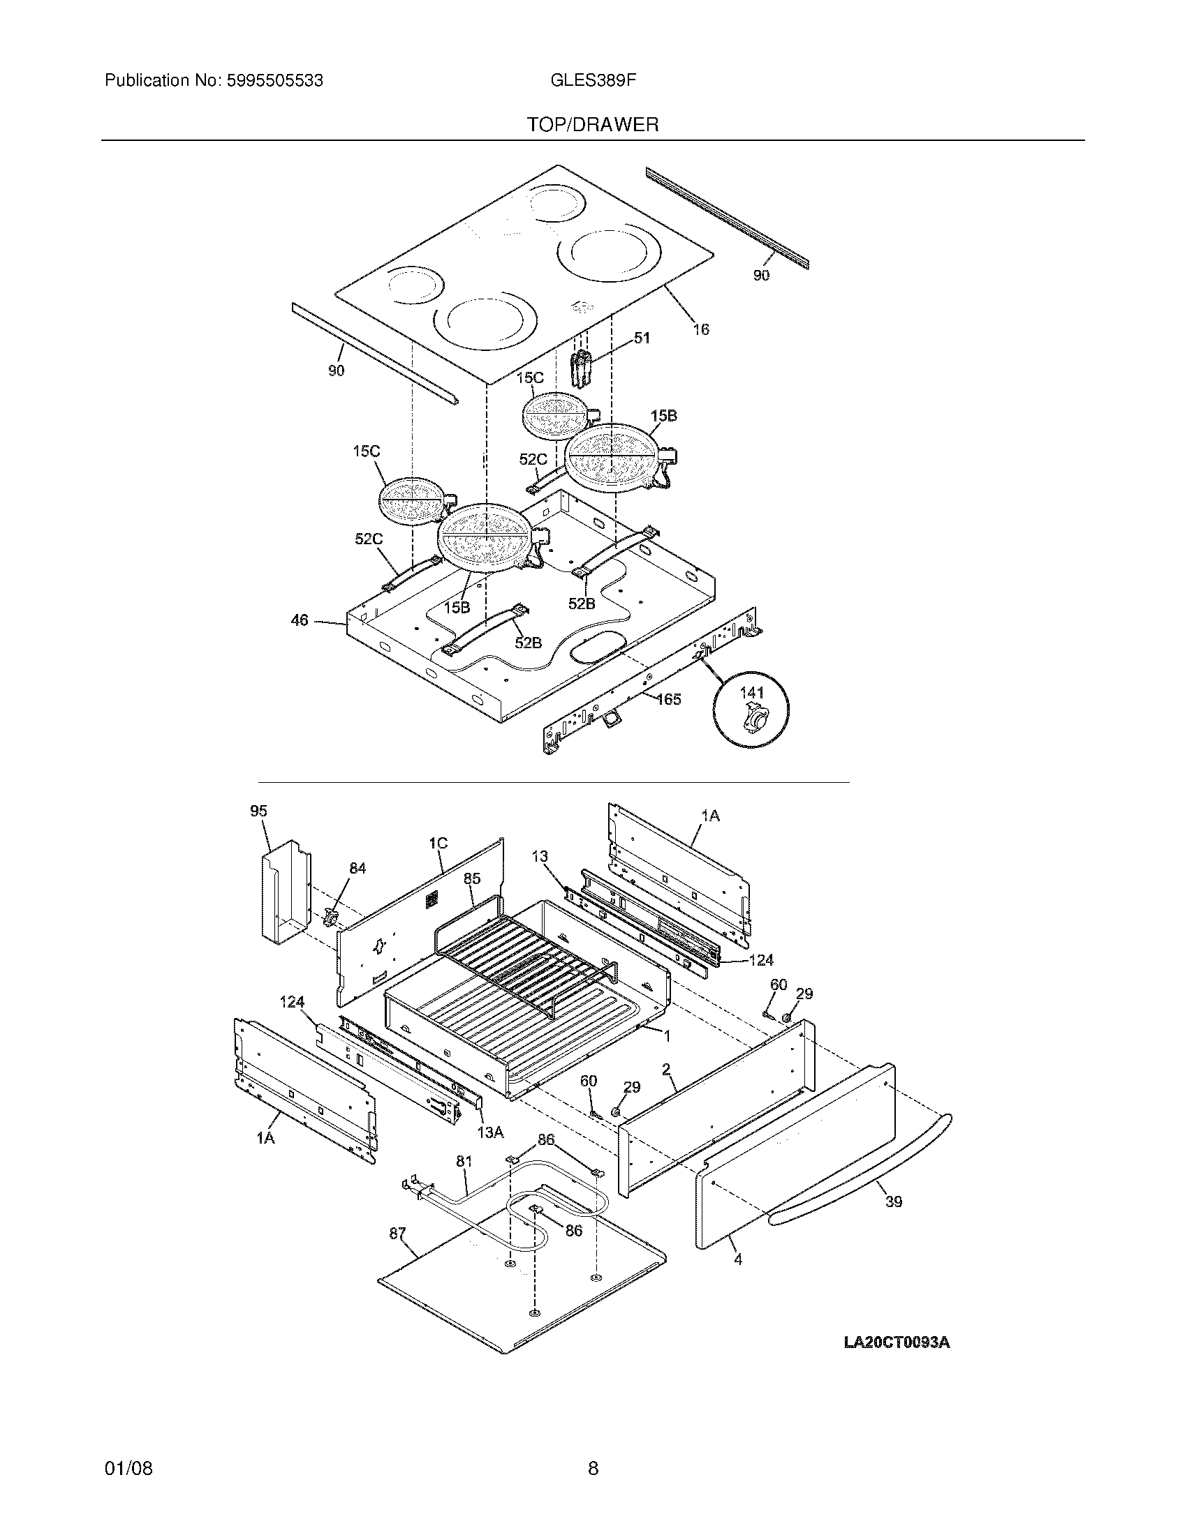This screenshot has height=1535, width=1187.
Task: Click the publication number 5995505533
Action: pyautogui.click(x=274, y=81)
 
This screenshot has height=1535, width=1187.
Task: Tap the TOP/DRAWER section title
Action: pyautogui.click(x=593, y=125)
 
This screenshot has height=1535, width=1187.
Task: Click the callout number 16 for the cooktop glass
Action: pyautogui.click(x=700, y=329)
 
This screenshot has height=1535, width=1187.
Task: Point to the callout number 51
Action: pyautogui.click(x=641, y=338)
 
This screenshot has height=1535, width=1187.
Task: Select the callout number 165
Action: pyautogui.click(x=669, y=698)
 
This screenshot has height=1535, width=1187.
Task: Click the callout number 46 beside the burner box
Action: pyautogui.click(x=300, y=620)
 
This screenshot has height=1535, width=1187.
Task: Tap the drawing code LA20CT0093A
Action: pyautogui.click(x=897, y=1342)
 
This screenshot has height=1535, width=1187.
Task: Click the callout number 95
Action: pyautogui.click(x=258, y=811)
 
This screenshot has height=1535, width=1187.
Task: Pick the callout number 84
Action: pyautogui.click(x=357, y=869)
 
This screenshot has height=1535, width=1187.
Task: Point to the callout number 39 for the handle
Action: pyautogui.click(x=893, y=1201)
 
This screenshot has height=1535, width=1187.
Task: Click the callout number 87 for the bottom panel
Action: pyautogui.click(x=397, y=1233)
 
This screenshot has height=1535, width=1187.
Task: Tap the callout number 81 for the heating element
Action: pyautogui.click(x=464, y=1162)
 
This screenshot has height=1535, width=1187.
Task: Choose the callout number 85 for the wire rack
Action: pyautogui.click(x=472, y=878)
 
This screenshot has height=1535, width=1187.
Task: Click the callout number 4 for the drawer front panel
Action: pyautogui.click(x=737, y=1259)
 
